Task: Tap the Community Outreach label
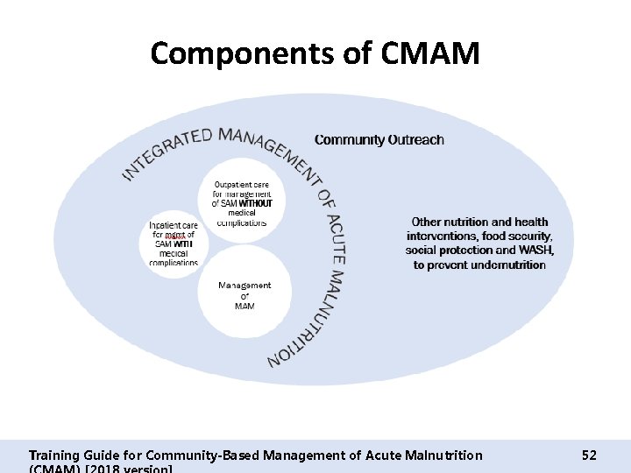[x=379, y=139]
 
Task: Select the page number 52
[x=589, y=455]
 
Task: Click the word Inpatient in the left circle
[x=164, y=224]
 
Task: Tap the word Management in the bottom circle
[x=245, y=286]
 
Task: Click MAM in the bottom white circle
[x=245, y=306]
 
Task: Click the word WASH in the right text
[x=533, y=251]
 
